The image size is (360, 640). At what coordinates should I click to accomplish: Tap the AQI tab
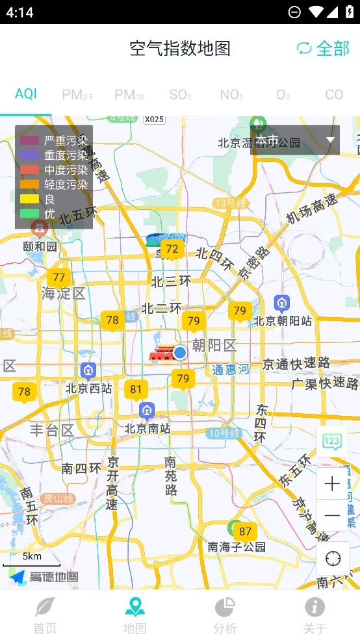pos(26,94)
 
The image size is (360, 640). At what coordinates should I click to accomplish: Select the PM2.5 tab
pos(77,95)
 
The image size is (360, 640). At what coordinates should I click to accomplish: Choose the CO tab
pos(334,95)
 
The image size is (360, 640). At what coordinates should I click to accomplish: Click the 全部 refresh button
pos(323,48)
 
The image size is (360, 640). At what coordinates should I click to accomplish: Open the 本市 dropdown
pos(295,140)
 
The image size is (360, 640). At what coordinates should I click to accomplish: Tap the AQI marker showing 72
pos(172,249)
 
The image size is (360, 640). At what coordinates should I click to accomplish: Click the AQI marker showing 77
pos(59,278)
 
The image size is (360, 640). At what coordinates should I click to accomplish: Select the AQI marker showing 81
pos(136,390)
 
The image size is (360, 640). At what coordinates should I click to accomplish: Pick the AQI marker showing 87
pos(245,531)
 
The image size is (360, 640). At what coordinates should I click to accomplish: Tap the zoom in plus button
pos(332,483)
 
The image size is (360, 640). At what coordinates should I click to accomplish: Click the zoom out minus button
pos(332,516)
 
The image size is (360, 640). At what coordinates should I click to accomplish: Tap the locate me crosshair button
pos(333,559)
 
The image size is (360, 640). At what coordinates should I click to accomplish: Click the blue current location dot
pos(180,352)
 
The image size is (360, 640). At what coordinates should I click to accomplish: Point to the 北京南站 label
pos(147,428)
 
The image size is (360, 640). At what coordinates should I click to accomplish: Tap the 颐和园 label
pos(40,246)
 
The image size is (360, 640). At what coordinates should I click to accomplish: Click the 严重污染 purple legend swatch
pos(30,140)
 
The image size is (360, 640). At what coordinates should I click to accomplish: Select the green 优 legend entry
pos(30,212)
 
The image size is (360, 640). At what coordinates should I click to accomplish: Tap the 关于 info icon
pos(315,607)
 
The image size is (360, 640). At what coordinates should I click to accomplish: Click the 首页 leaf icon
pos(45,607)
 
